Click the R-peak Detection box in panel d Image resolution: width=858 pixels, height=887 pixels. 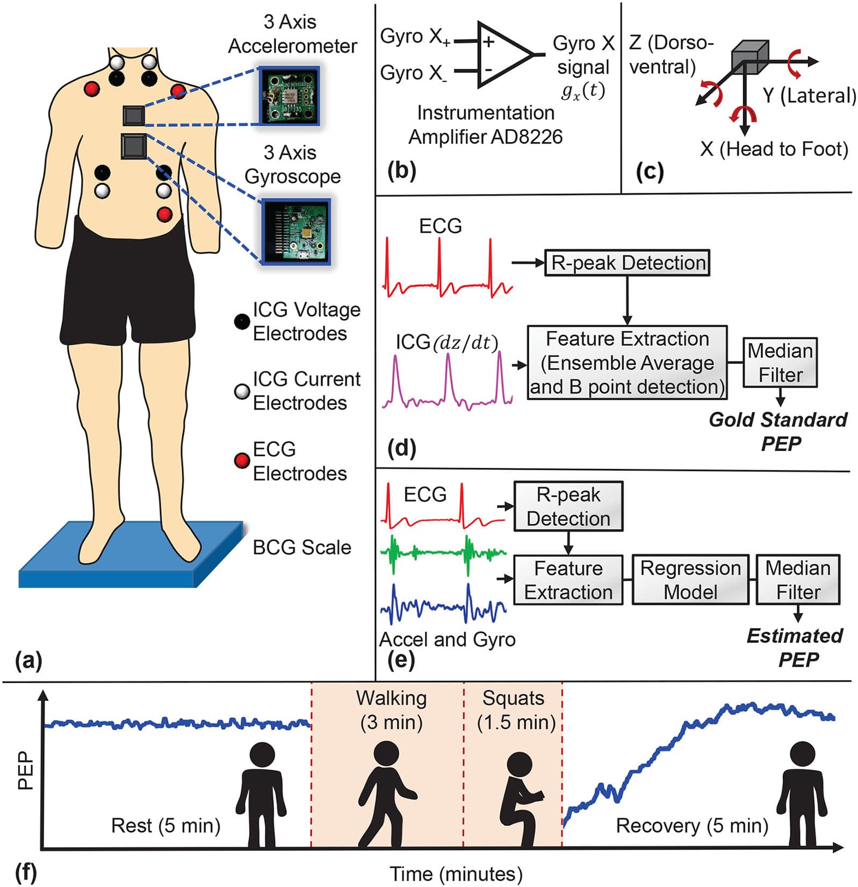tap(627, 263)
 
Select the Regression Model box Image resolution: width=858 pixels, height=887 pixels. tap(690, 580)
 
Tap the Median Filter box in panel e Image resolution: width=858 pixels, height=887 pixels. tap(798, 580)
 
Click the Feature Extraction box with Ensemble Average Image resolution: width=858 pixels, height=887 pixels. tap(627, 362)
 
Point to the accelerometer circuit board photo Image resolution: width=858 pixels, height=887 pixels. tap(289, 95)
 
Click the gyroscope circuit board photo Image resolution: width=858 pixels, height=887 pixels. tap(295, 231)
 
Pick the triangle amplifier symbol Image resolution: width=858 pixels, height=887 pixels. tap(503, 54)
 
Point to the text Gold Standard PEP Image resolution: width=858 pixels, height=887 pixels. tap(778, 431)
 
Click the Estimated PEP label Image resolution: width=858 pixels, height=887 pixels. tap(796, 647)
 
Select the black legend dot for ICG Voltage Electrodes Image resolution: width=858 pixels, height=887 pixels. tap(242, 321)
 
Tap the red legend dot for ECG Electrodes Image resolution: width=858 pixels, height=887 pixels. tap(242, 460)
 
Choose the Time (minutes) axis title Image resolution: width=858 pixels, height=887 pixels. tap(456, 874)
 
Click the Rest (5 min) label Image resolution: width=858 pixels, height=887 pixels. tap(165, 825)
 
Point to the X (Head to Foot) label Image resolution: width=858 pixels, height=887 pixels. tap(774, 149)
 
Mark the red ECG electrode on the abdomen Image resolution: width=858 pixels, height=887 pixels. tap(164, 214)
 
